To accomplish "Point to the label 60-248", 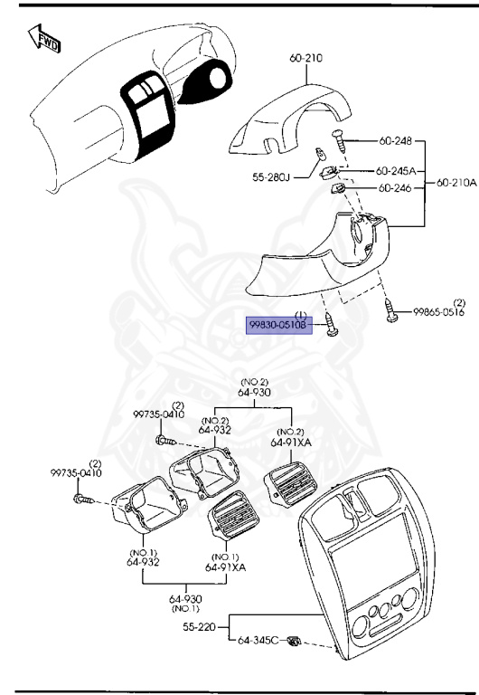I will pos(394,140).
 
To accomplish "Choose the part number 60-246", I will pos(394,188).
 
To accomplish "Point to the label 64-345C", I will pos(258,641).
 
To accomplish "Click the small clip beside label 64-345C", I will pos(294,643).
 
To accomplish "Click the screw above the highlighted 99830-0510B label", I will pos(330,324).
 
